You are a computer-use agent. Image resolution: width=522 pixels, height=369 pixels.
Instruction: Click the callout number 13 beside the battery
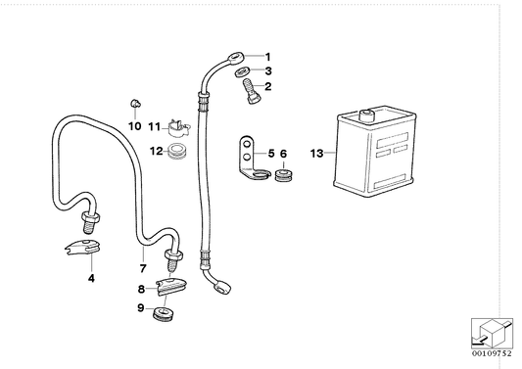[315, 154]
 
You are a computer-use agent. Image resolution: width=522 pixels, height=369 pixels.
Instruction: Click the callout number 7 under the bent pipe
[143, 268]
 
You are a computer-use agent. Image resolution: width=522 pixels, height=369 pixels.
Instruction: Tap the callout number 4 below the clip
[91, 279]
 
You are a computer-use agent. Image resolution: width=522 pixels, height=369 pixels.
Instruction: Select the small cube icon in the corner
[492, 332]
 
